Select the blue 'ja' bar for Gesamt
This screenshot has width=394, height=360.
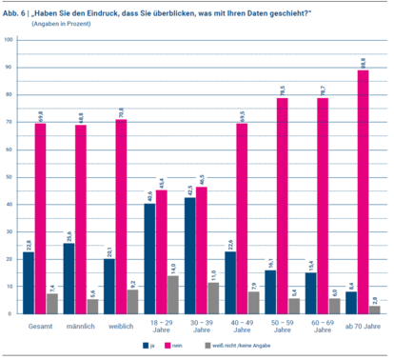click(x=28, y=282)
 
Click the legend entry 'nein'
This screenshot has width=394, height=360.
click(x=188, y=346)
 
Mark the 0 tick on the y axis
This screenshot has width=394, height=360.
click(x=10, y=313)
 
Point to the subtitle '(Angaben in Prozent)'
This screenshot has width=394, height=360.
click(x=61, y=23)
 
